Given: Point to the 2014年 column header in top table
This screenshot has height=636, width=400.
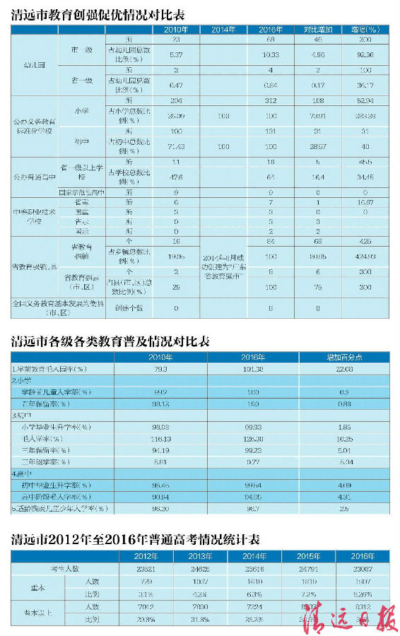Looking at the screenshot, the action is [x=223, y=30].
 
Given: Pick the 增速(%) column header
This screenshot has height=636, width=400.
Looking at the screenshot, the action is [x=365, y=30].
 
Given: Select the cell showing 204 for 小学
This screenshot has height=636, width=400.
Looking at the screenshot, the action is [x=177, y=101].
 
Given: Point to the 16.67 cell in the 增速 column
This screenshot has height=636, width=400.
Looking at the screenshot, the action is [x=365, y=201].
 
